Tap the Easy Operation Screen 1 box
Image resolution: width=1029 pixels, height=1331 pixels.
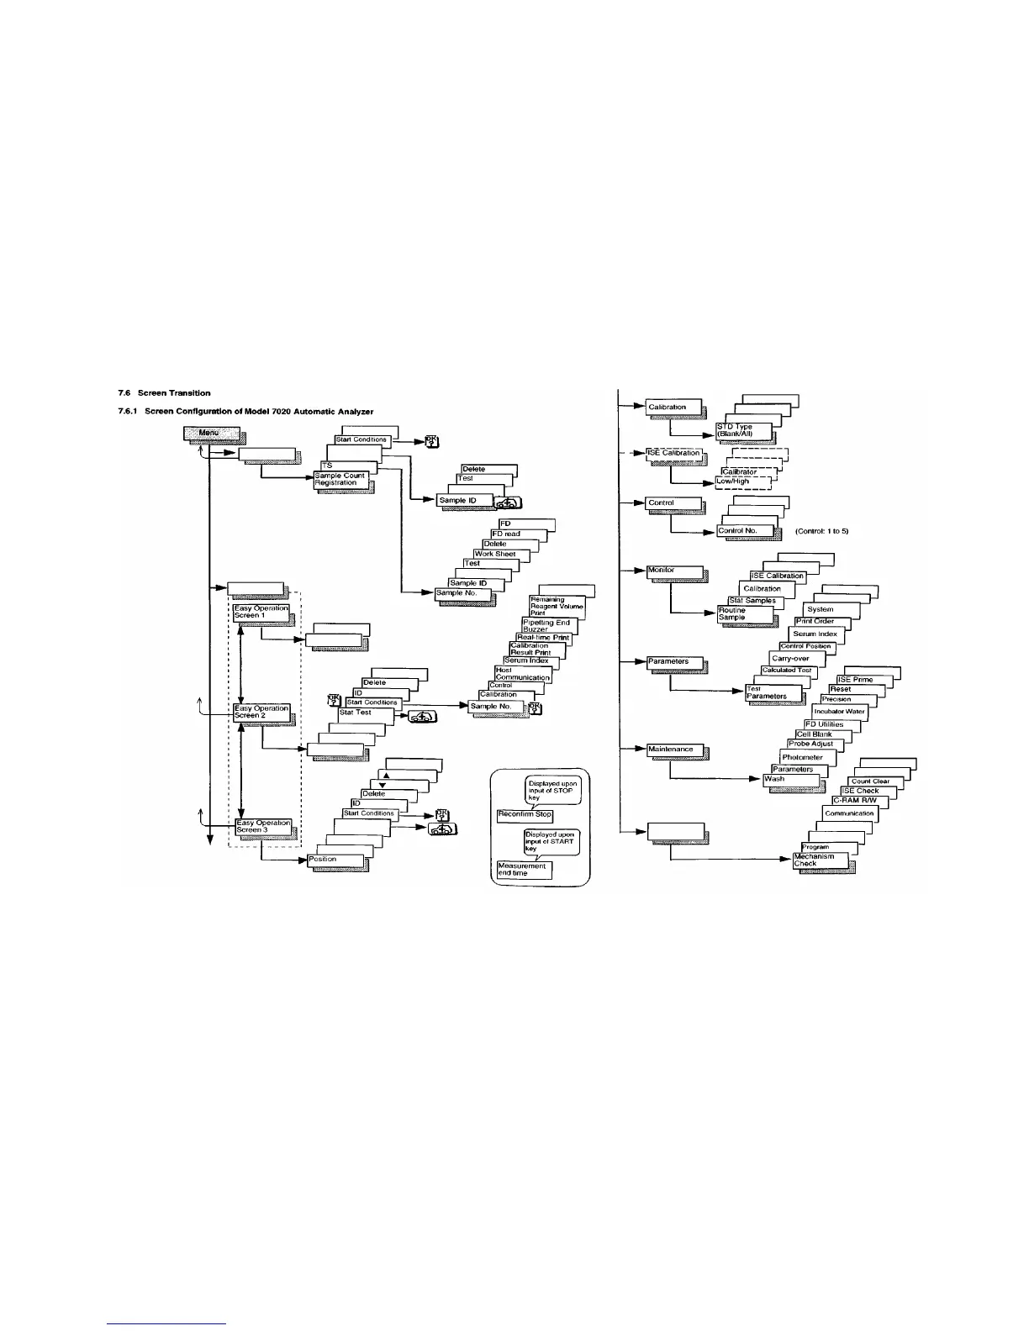(x=261, y=612)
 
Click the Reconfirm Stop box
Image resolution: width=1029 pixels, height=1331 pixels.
(x=525, y=814)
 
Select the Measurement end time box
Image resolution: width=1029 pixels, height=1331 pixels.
(x=524, y=870)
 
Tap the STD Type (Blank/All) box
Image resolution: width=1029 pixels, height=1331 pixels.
(x=742, y=430)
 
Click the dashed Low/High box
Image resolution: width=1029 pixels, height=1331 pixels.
(x=742, y=481)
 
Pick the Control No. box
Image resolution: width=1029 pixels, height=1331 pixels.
(x=743, y=531)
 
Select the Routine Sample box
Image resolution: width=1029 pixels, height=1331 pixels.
(x=744, y=614)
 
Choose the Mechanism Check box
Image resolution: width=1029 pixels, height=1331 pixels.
(x=821, y=860)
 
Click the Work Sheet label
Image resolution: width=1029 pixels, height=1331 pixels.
(x=495, y=554)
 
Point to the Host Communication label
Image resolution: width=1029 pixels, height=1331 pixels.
(x=522, y=674)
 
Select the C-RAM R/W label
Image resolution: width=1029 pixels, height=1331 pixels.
(x=854, y=801)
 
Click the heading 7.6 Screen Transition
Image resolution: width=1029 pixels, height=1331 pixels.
(x=164, y=393)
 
